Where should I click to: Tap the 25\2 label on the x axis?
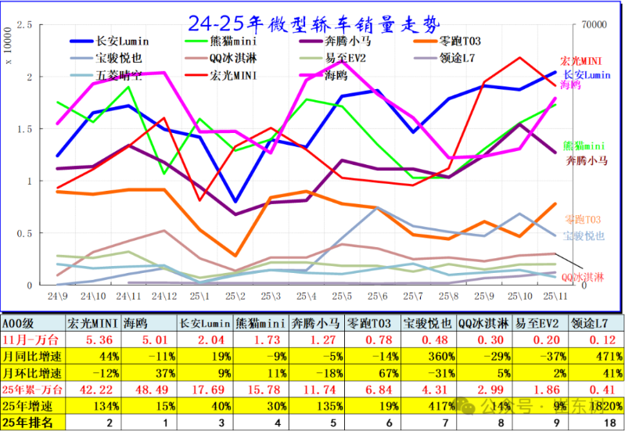235,296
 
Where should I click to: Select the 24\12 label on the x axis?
163,296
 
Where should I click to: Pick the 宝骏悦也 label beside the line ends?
584,235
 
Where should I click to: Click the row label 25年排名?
31,423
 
